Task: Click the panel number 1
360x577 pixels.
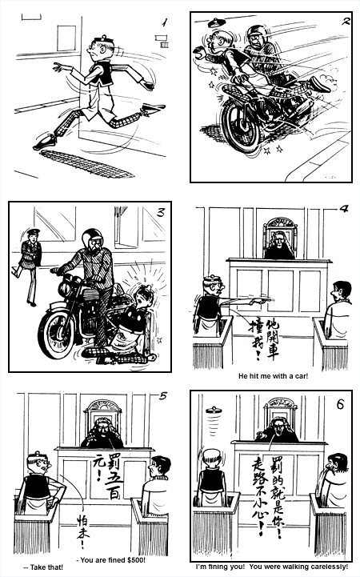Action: point(165,23)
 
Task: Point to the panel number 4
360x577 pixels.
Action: point(344,210)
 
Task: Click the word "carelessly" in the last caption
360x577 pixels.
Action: point(325,567)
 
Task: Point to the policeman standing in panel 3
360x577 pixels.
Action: point(30,264)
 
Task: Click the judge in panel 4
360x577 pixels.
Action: point(278,245)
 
